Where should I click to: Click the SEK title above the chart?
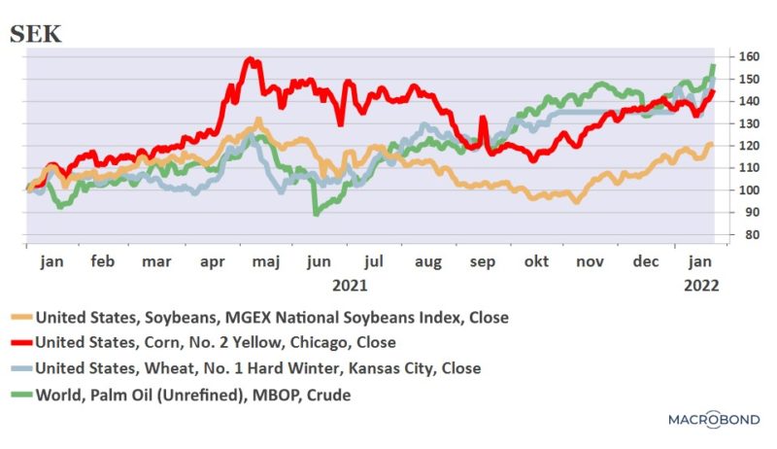(35, 34)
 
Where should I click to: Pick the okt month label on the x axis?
(534, 262)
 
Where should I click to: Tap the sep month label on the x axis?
(481, 262)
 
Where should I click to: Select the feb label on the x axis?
(102, 262)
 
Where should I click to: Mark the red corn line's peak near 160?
(251, 60)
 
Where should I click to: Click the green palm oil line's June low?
(316, 212)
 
